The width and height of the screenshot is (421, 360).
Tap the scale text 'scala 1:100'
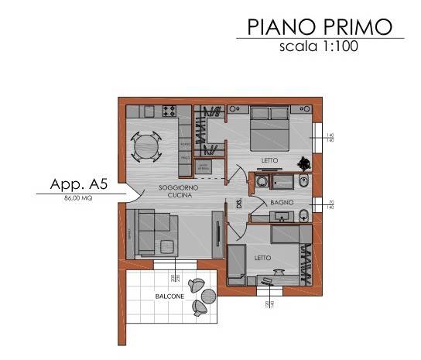pos(320,46)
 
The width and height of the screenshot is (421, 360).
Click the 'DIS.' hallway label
pos(240,205)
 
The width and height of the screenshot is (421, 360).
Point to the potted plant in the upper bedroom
pos(306,163)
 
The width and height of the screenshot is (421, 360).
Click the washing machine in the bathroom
pos(263,183)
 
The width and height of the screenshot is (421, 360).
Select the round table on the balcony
pos(207,295)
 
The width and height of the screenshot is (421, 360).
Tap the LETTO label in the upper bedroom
pos(269,161)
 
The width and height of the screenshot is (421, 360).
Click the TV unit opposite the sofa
pos(219,242)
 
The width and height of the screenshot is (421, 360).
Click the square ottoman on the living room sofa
pos(166,246)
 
